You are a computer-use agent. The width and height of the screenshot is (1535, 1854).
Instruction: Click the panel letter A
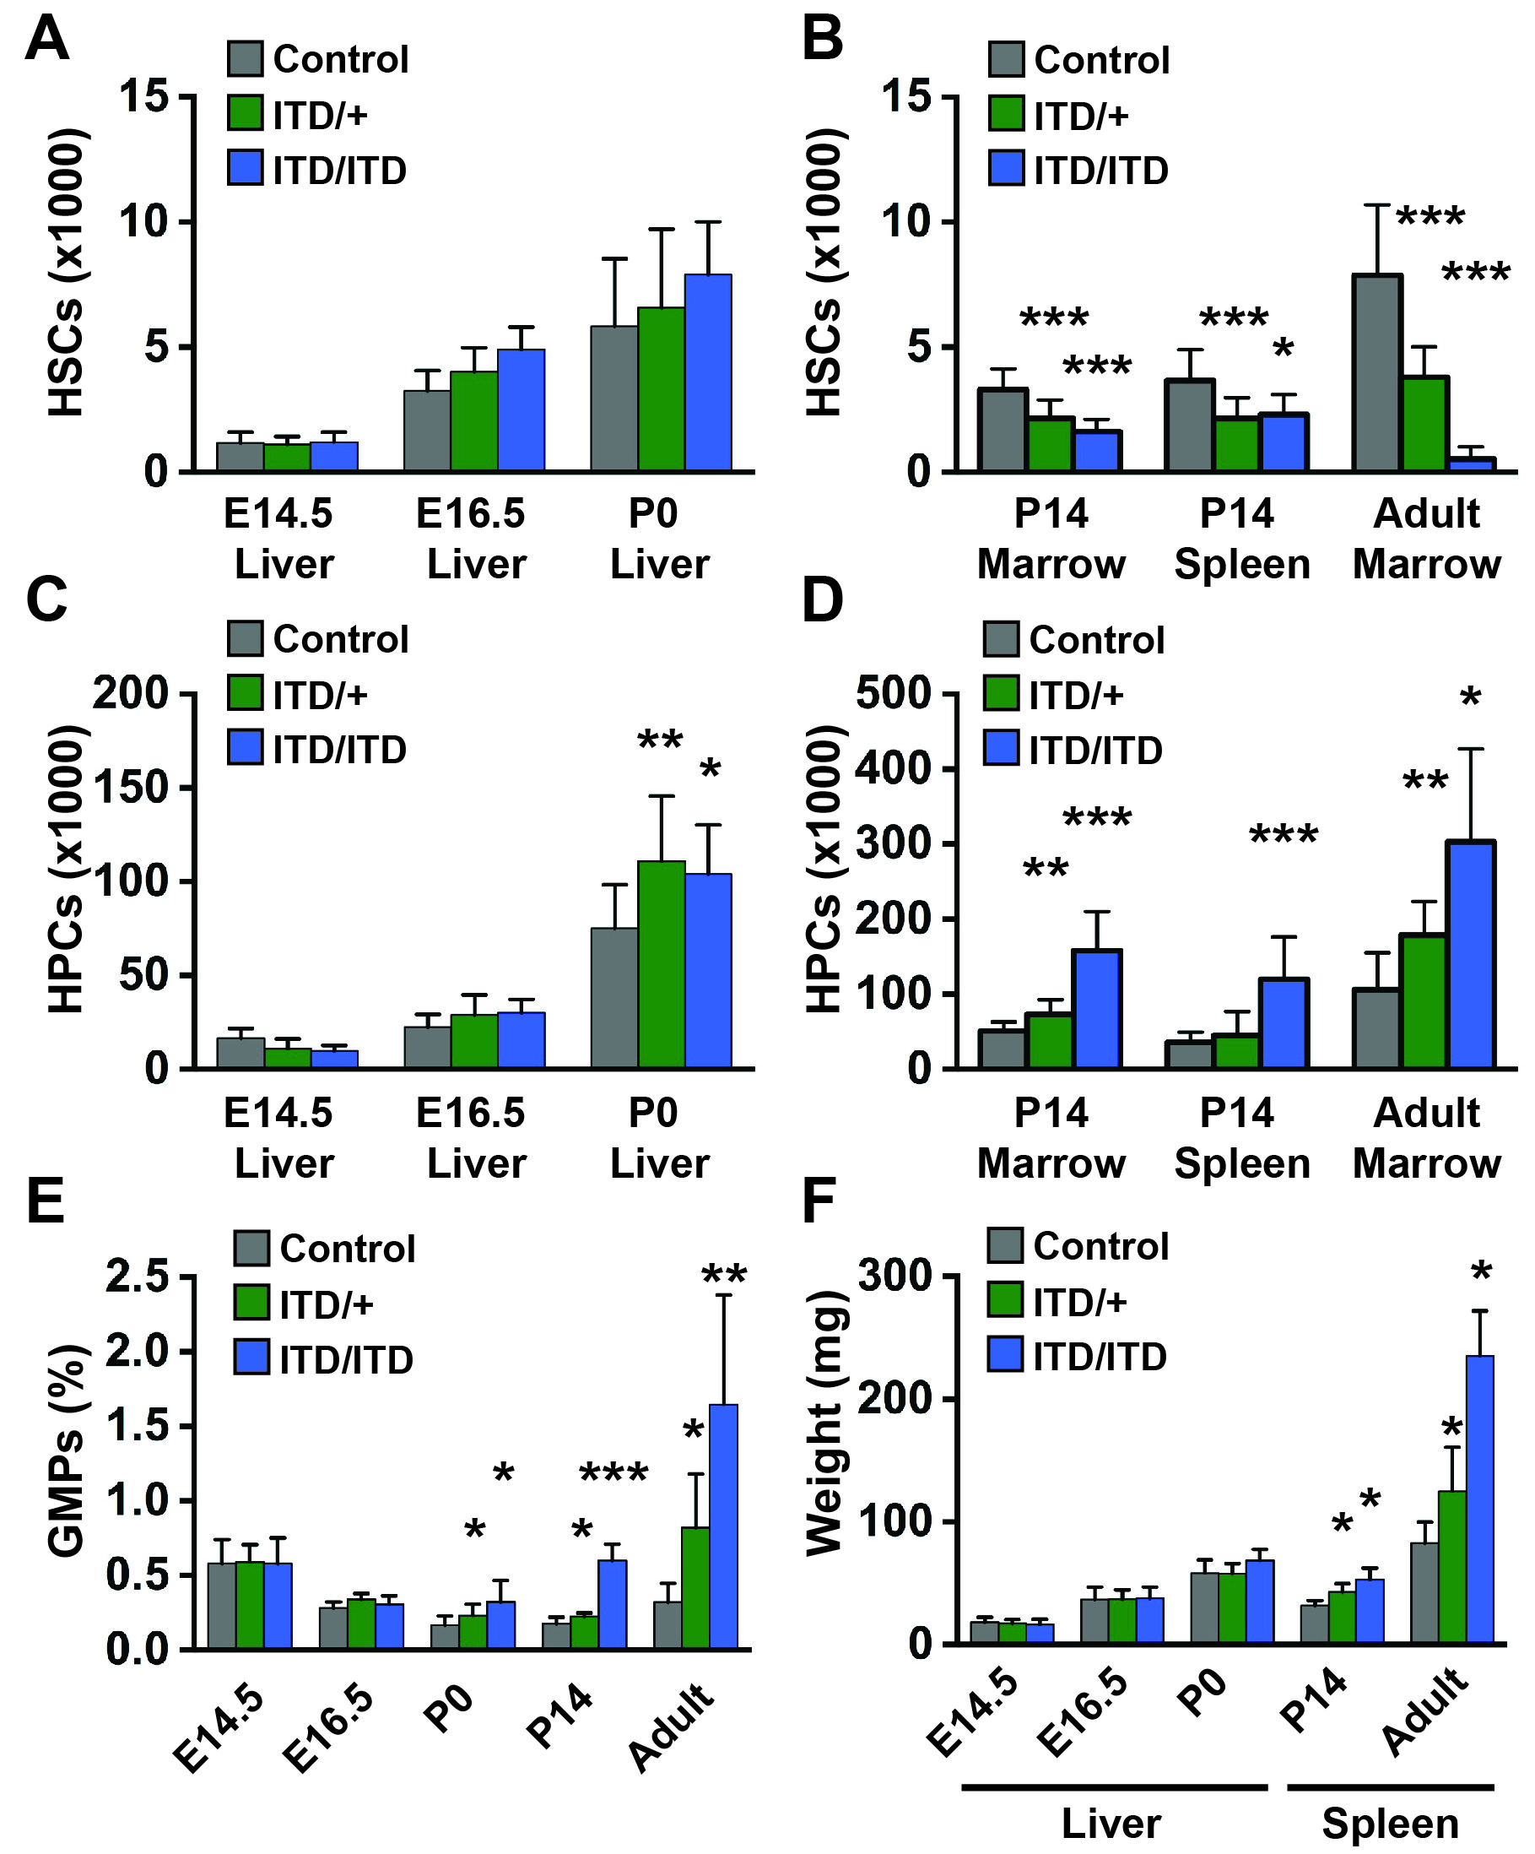tap(46, 40)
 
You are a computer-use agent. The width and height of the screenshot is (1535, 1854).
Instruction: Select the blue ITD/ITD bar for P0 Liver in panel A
tap(708, 372)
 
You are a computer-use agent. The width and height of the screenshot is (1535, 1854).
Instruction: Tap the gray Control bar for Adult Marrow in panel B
tap(1376, 372)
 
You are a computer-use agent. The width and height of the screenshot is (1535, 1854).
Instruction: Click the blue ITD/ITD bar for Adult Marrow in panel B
tap(1472, 463)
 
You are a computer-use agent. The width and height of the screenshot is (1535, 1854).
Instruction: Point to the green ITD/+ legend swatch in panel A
tap(245, 113)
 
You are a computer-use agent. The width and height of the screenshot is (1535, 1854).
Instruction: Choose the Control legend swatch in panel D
tap(1001, 639)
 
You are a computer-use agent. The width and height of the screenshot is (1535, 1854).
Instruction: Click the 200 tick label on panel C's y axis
tap(131, 694)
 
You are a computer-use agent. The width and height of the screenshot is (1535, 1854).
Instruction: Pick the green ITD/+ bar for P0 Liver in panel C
tap(661, 964)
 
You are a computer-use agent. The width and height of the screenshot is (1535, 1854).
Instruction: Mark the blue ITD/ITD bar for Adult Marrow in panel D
tap(1471, 954)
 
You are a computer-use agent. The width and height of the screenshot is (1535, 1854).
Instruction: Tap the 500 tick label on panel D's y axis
tap(894, 694)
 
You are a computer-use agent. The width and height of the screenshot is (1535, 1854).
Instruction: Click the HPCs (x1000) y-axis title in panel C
tap(66, 869)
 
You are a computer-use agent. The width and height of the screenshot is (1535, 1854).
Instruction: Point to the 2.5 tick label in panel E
tap(137, 1277)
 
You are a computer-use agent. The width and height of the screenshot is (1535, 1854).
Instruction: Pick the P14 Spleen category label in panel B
tap(1241, 539)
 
